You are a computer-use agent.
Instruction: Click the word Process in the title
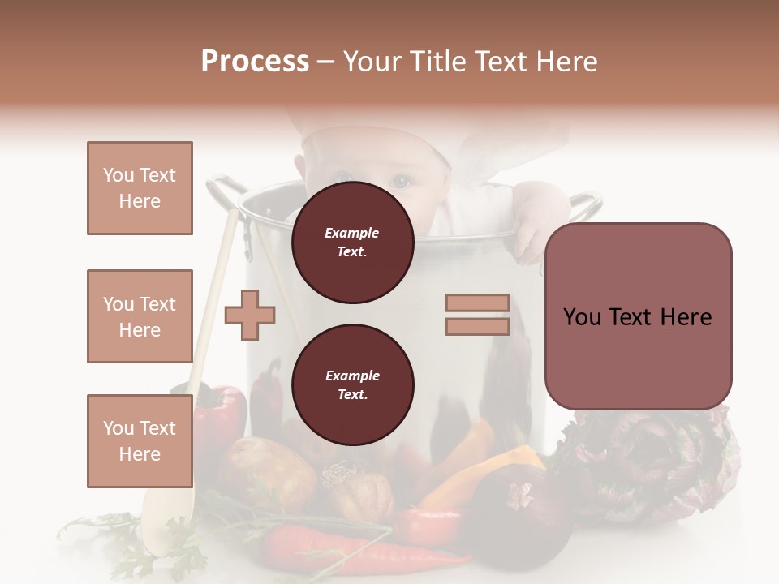(x=255, y=62)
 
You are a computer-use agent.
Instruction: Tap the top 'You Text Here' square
(x=140, y=188)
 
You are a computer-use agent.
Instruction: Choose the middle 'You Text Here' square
(x=140, y=316)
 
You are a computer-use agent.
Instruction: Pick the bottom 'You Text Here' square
(x=140, y=440)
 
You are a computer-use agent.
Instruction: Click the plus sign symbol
(x=250, y=315)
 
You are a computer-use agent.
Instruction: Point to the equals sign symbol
(x=477, y=315)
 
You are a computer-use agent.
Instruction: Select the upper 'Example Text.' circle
(x=352, y=243)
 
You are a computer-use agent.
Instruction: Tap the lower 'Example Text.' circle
(x=352, y=385)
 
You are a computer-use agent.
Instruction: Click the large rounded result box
(x=638, y=316)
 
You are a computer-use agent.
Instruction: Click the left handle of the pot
(x=222, y=191)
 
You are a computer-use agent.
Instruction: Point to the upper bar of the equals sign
(x=477, y=303)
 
